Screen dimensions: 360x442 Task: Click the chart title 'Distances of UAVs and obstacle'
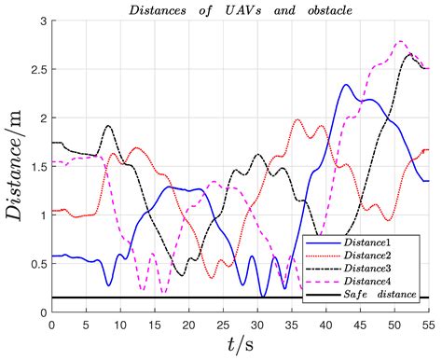(239, 9)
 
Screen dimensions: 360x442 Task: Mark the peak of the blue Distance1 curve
(346, 85)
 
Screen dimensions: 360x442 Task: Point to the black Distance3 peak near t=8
(108, 125)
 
